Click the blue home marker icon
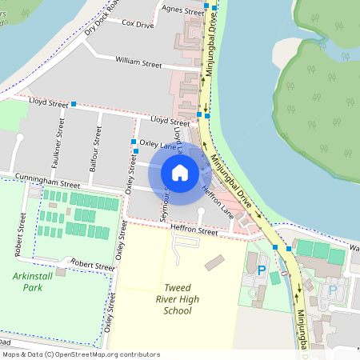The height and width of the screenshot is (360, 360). (180, 173)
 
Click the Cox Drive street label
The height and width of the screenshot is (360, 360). (138, 25)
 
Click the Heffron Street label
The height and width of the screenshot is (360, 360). (194, 231)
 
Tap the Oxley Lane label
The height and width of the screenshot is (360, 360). (158, 144)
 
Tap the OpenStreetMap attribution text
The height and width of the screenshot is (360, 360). (80, 354)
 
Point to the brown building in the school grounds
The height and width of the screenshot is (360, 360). (214, 262)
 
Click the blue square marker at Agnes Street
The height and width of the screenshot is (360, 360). (207, 6)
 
